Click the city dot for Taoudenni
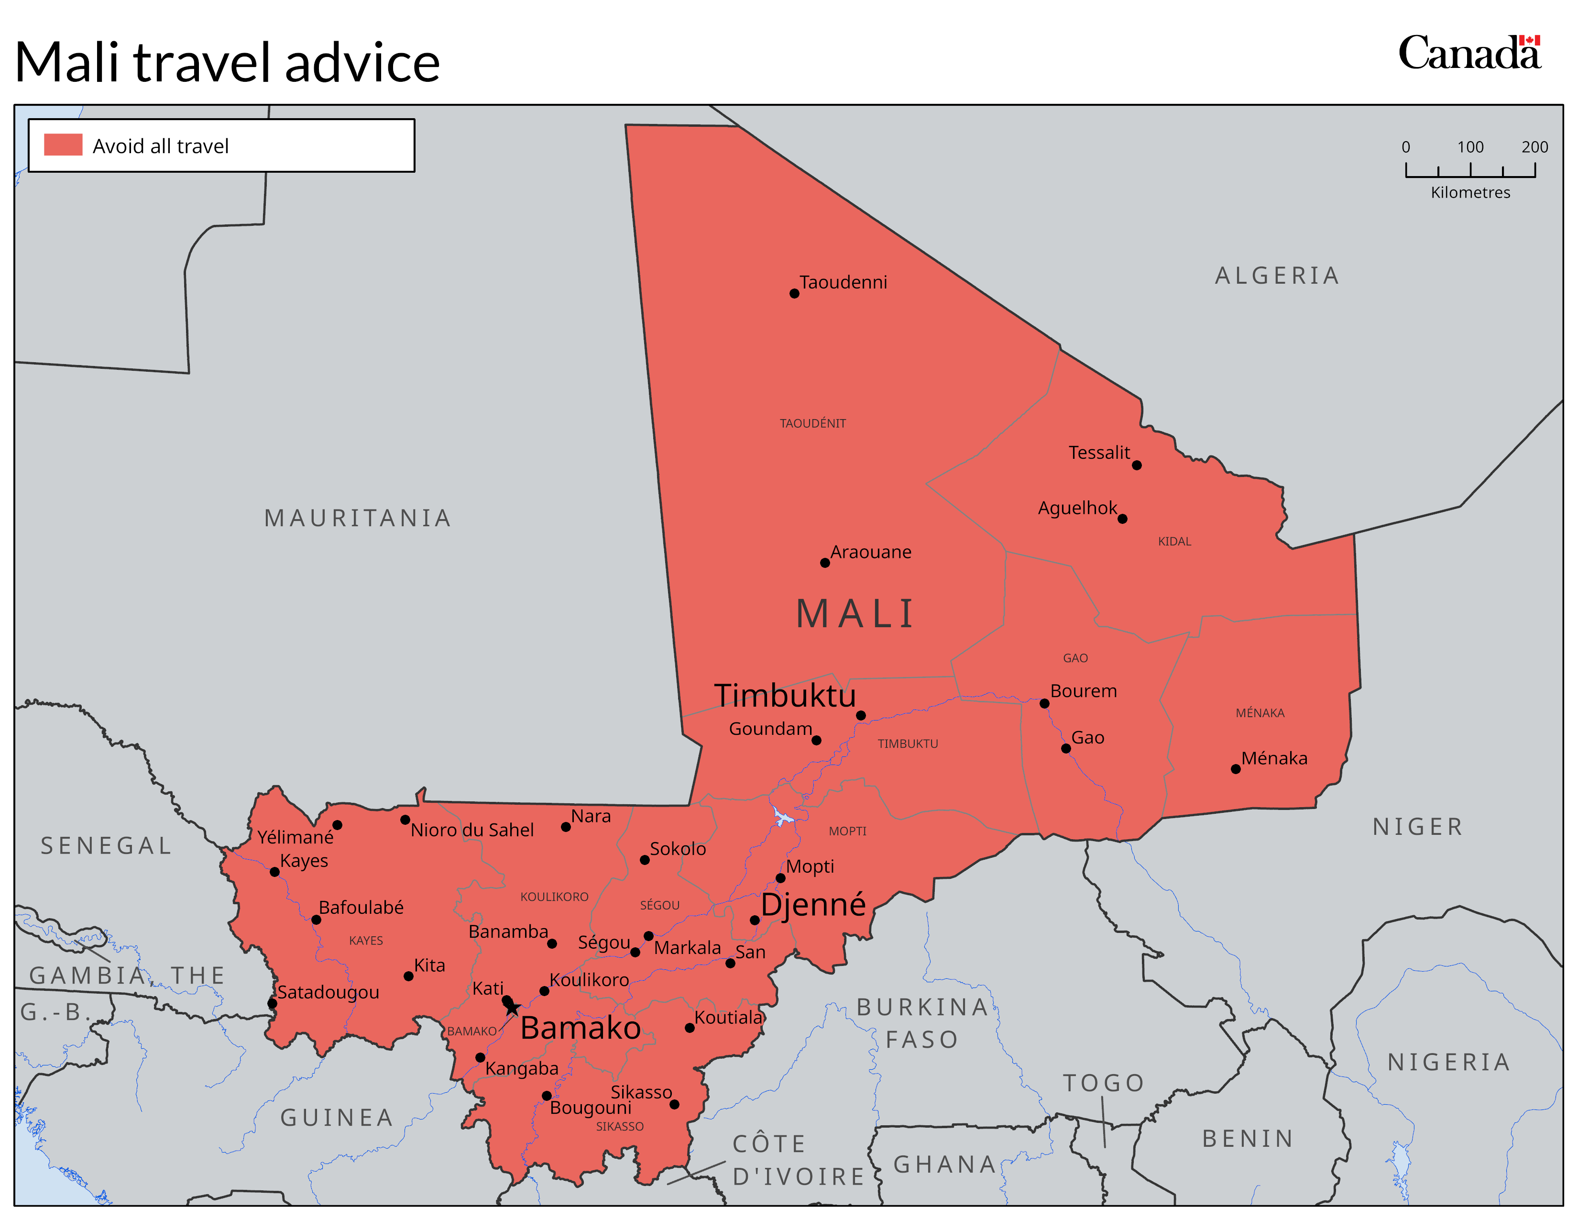coord(794,293)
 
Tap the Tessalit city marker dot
coord(1137,466)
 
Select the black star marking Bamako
coord(512,1008)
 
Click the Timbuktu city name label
coord(785,695)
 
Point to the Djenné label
coord(813,904)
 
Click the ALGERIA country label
coord(1277,276)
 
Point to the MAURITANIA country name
coord(358,518)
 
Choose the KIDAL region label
coord(1174,541)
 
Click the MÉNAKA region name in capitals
coord(1260,713)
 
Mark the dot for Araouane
coord(824,563)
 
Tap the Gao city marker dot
coord(1066,749)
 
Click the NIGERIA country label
coord(1449,1063)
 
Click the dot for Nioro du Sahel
coord(405,820)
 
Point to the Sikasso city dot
coord(674,1104)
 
